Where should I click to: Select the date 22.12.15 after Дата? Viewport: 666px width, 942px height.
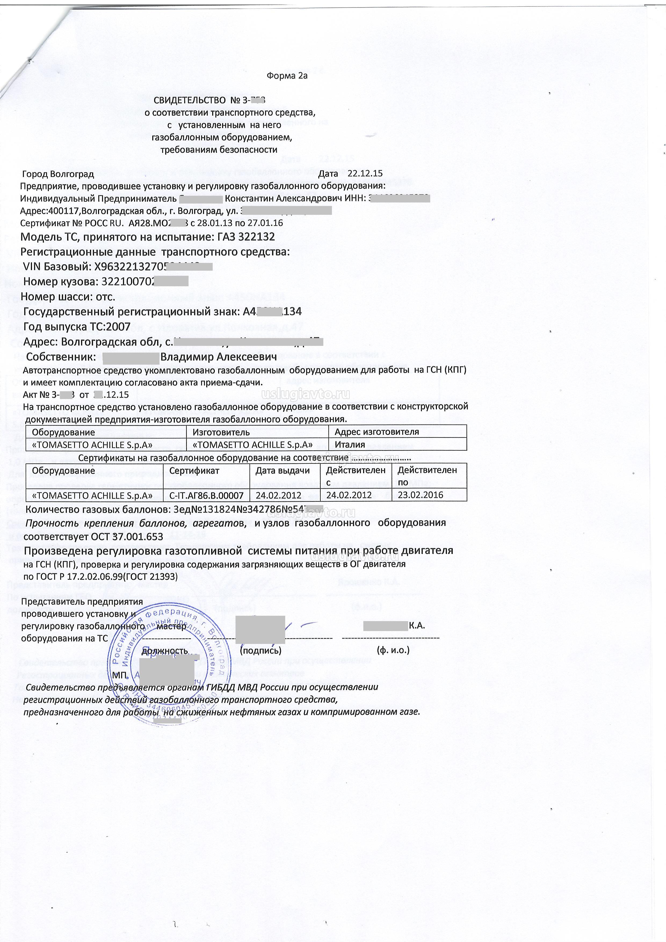[365, 173]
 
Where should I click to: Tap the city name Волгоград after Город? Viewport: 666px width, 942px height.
[72, 174]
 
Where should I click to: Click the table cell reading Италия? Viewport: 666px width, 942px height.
[350, 445]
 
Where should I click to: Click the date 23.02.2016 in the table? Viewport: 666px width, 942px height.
[421, 495]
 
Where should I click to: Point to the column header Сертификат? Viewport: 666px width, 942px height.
[194, 470]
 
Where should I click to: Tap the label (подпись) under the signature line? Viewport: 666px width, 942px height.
[260, 650]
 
